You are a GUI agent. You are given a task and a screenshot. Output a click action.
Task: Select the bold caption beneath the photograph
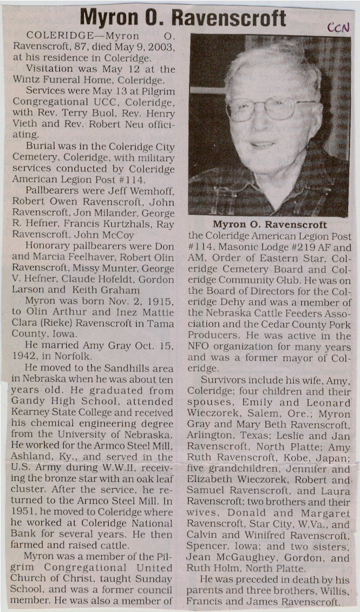pyautogui.click(x=270, y=225)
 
